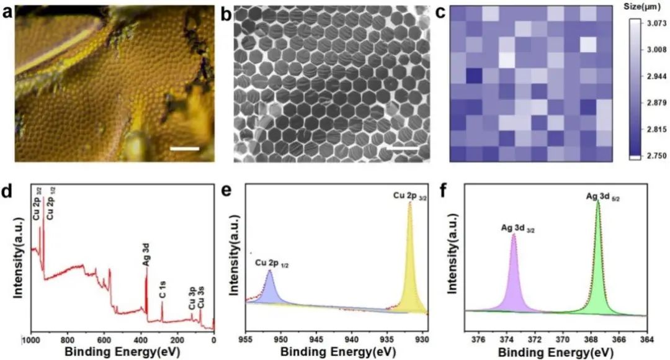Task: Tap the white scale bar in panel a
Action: [185, 149]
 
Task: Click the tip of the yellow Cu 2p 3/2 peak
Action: [410, 202]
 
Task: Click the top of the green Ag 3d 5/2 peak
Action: [597, 201]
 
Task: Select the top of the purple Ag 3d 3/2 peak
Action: [514, 235]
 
